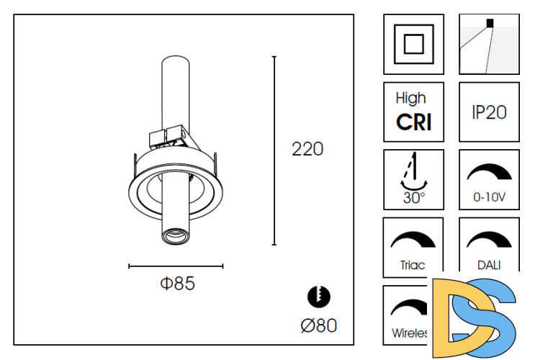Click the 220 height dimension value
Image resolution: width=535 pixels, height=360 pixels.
tap(307, 149)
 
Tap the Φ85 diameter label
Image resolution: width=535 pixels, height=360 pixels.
tap(177, 284)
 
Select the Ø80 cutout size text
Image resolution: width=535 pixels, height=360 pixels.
tap(318, 325)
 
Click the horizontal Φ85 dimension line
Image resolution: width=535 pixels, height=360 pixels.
tap(176, 266)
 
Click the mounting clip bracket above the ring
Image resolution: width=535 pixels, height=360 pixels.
tap(168, 136)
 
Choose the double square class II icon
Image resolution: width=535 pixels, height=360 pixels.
tap(413, 44)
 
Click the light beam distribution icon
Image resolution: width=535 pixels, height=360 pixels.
tap(489, 44)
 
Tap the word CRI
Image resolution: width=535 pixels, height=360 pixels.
tap(413, 122)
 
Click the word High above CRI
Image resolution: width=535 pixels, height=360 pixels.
tap(411, 98)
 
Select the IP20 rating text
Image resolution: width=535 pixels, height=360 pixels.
tap(489, 112)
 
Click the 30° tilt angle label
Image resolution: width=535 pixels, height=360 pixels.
tap(413, 198)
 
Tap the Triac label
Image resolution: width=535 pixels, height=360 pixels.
tap(413, 265)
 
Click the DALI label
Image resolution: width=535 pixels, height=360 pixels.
tap(489, 265)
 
